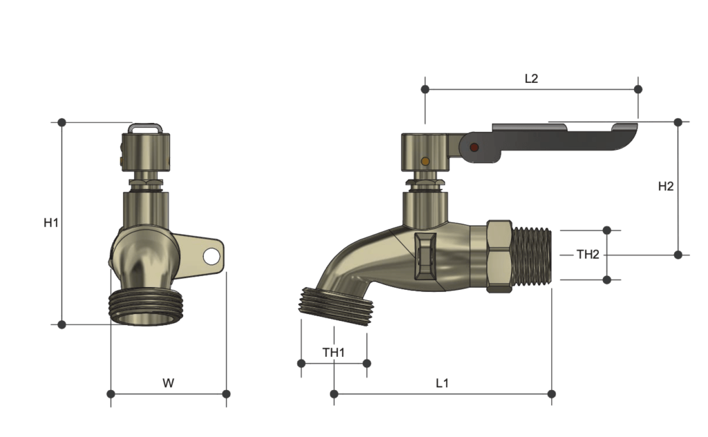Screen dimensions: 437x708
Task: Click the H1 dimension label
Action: pyautogui.click(x=51, y=223)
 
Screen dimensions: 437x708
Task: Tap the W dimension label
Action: pyautogui.click(x=168, y=382)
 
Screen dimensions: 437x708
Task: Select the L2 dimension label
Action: pyautogui.click(x=531, y=79)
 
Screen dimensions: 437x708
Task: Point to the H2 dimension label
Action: pyautogui.click(x=665, y=186)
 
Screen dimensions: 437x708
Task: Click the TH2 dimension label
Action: pyautogui.click(x=588, y=254)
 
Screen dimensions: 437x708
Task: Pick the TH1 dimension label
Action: pyautogui.click(x=333, y=353)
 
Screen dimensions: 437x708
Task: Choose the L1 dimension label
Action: pyautogui.click(x=442, y=382)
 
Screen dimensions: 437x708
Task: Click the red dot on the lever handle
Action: pyautogui.click(x=474, y=148)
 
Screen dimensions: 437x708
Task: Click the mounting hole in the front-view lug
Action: pyautogui.click(x=212, y=257)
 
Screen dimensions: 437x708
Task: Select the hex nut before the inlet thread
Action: pyautogui.click(x=499, y=256)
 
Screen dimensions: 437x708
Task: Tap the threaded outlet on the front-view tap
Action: pyautogui.click(x=144, y=307)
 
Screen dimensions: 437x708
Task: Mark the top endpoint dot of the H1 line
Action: pyautogui.click(x=62, y=122)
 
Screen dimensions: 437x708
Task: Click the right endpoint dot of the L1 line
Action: pyautogui.click(x=551, y=393)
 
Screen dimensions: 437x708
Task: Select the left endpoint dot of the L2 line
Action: pyautogui.click(x=425, y=89)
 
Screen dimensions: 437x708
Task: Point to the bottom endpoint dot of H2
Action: pyautogui.click(x=678, y=254)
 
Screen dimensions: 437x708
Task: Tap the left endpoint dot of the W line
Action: pyautogui.click(x=111, y=393)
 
